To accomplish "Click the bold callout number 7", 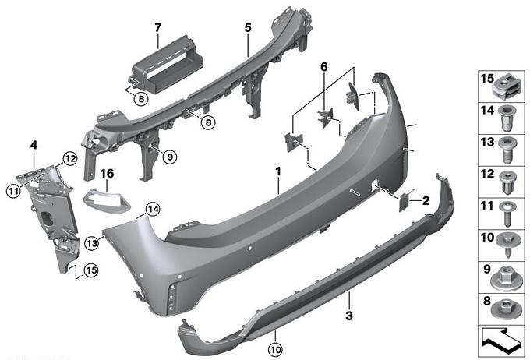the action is (158, 28).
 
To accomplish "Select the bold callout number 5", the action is (248, 28).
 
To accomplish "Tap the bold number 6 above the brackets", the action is (323, 67).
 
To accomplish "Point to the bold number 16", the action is (107, 174).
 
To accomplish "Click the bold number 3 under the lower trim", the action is (349, 316).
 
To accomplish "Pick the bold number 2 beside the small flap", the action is (426, 201).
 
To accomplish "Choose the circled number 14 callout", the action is (153, 210).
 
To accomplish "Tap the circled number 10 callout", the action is (276, 350).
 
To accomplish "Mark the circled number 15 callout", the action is (91, 270).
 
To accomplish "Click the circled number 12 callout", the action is (70, 158).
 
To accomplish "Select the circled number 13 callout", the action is (92, 242).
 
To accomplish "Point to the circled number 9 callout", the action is (169, 157).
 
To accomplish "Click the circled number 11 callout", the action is (13, 192).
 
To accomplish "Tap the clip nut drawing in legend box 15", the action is (504, 87).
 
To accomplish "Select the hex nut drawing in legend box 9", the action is (506, 278).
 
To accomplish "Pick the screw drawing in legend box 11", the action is (507, 214).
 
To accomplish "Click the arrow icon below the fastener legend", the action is (501, 341).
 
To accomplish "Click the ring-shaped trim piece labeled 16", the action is (107, 202).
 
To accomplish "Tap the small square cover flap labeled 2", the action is (404, 202).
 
